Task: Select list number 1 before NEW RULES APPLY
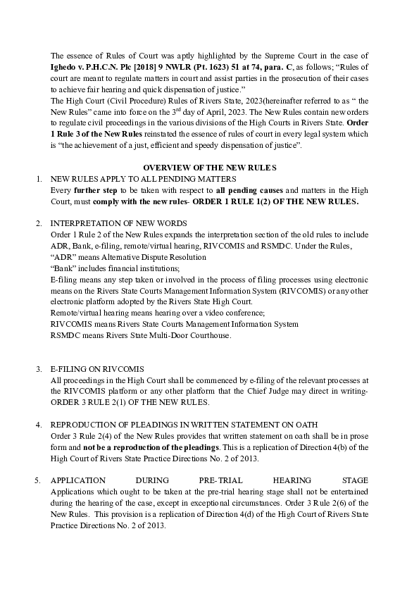pos(39,180)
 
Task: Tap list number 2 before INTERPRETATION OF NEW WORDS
pos(39,223)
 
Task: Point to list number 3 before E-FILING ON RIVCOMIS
pos(39,368)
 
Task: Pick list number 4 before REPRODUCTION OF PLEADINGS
pos(39,424)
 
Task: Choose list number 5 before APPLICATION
pos(39,480)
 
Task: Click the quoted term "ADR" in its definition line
pos(65,257)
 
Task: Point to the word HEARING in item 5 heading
pos(289,480)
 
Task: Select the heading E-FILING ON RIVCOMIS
pos(97,368)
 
